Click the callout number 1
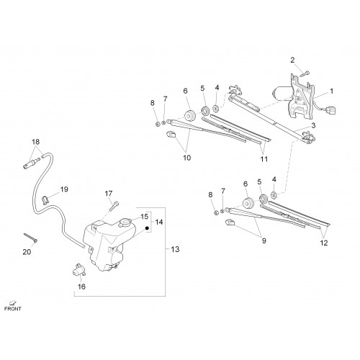[332, 91]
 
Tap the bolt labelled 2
[305, 73]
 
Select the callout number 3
[313, 125]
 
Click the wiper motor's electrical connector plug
[331, 111]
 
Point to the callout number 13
[175, 249]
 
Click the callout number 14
[159, 222]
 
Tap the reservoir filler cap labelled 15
[125, 222]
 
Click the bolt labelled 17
[114, 206]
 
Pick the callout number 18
[35, 142]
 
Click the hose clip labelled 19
[45, 199]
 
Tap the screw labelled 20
[31, 237]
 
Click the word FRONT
[13, 309]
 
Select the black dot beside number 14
[148, 228]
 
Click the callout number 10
[186, 158]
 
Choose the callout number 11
[264, 159]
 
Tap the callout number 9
[264, 240]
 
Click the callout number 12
[324, 243]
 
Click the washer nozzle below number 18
[30, 163]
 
